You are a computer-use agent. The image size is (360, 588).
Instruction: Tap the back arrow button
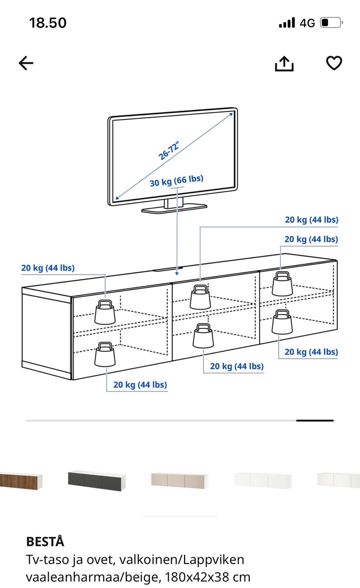(x=26, y=63)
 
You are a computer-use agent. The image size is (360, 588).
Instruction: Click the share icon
(x=284, y=63)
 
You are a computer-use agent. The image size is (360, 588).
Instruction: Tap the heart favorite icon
(x=334, y=63)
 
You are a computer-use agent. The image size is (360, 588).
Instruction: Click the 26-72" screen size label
(x=169, y=151)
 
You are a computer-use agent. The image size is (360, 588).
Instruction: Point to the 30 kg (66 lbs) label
(x=177, y=181)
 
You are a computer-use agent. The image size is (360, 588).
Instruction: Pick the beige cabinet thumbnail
(x=179, y=480)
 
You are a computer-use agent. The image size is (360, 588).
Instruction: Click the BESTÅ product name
(x=45, y=541)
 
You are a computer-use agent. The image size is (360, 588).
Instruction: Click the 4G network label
(x=307, y=23)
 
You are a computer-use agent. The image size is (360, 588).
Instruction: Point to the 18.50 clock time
(x=48, y=23)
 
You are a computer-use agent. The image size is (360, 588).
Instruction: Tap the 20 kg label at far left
(x=48, y=268)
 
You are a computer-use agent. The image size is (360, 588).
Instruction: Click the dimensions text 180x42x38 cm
(x=208, y=577)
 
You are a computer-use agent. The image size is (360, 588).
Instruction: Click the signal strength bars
(x=287, y=23)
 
